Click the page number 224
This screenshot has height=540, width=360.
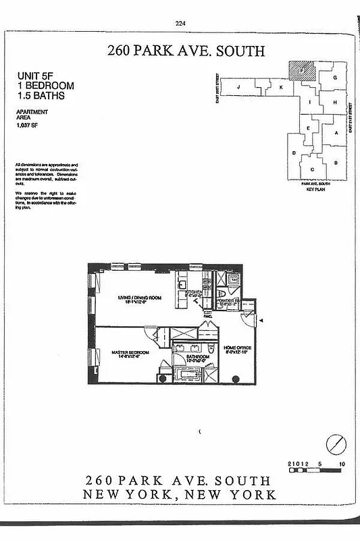pyautogui.click(x=180, y=23)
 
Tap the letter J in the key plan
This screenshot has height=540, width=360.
pyautogui.click(x=238, y=87)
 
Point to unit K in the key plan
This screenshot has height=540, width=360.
pyautogui.click(x=280, y=87)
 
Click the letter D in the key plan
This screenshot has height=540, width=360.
pyautogui.click(x=294, y=154)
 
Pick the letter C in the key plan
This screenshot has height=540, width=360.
pyautogui.click(x=311, y=169)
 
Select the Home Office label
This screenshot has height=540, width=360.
pyautogui.click(x=238, y=348)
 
